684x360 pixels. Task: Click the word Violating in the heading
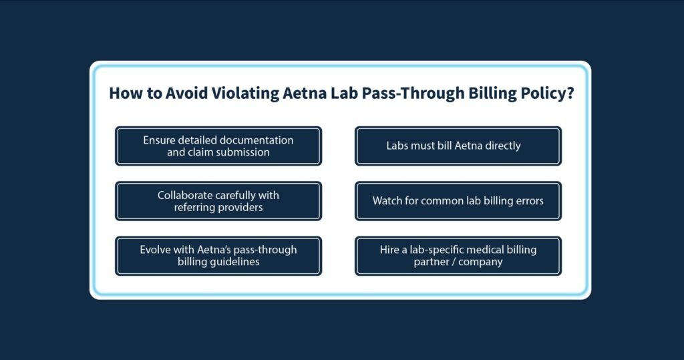(245, 94)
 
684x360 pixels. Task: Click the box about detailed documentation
(218, 146)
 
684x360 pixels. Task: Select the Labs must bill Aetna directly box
(458, 146)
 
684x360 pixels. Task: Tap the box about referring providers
(218, 201)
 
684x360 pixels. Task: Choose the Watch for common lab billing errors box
(458, 201)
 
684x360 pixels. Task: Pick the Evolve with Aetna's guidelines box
(218, 256)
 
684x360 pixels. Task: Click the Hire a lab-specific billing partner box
(458, 256)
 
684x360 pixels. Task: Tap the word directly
(502, 146)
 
